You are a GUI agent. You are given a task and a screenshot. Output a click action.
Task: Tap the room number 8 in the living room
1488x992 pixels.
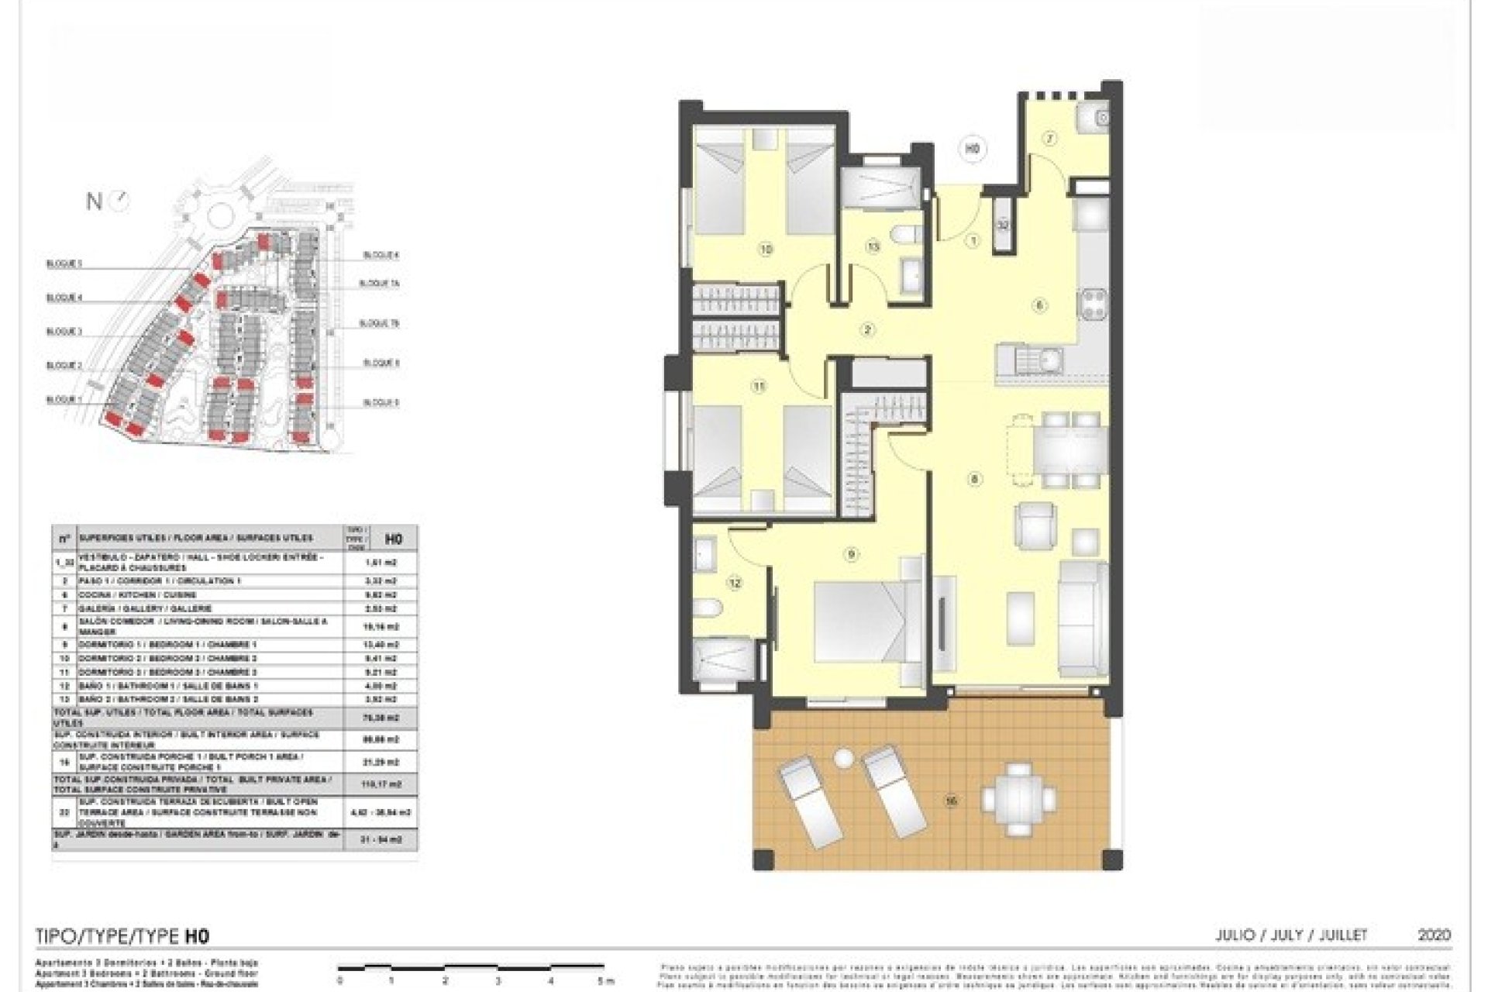974,480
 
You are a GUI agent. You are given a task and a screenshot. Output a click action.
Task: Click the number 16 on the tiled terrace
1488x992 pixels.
950,801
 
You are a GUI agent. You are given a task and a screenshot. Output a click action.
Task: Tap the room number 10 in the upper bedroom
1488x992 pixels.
766,250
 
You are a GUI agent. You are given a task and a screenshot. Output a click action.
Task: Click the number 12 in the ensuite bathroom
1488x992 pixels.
734,583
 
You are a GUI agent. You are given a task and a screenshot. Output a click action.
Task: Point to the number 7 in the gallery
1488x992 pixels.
1050,139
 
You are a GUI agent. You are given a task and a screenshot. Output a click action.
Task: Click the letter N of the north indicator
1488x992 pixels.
94,202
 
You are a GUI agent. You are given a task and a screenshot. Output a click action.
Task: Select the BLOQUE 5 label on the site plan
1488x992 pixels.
381,402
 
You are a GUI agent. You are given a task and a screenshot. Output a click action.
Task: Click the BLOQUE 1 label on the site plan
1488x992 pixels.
64,400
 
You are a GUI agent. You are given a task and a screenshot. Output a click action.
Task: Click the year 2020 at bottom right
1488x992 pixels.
1434,935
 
